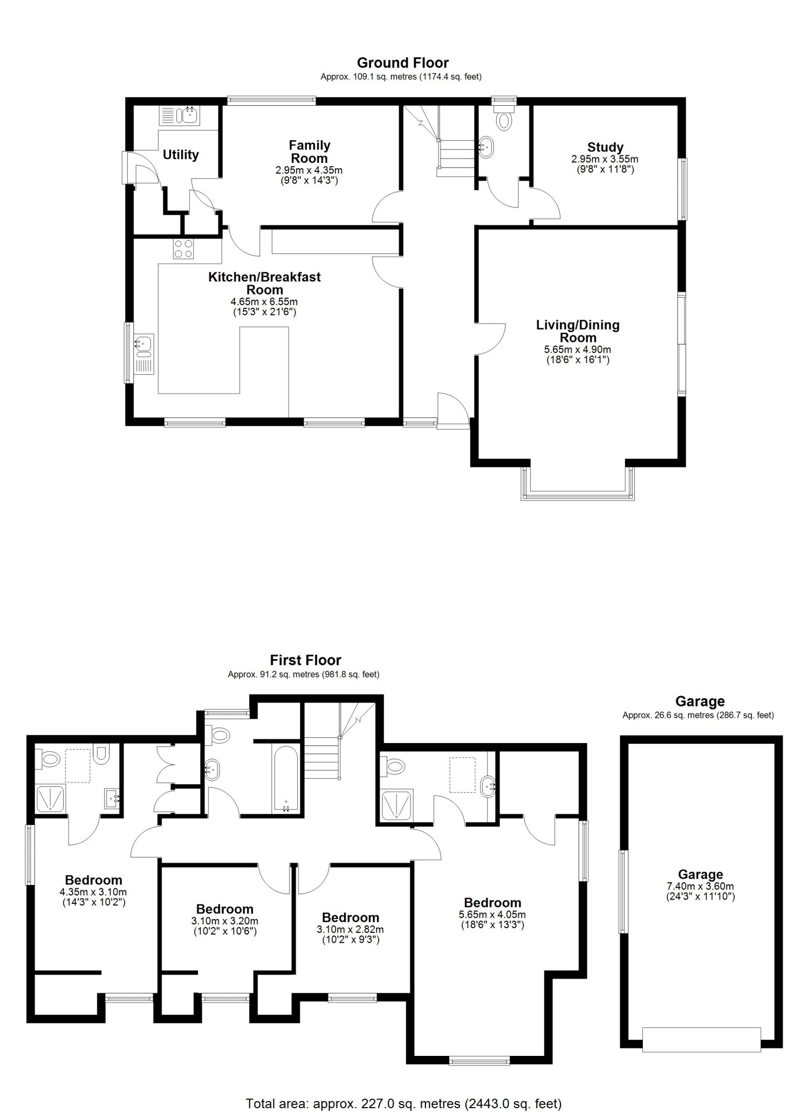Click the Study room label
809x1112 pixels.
(605, 147)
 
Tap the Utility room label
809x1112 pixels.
(181, 155)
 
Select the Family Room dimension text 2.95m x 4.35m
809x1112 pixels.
(309, 170)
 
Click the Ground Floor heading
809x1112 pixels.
(403, 63)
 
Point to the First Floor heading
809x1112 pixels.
(306, 661)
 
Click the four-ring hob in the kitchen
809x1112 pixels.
(183, 249)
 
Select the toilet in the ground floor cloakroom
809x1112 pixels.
(504, 117)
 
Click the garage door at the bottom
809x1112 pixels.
(702, 1039)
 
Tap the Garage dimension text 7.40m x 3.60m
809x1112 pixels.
(700, 886)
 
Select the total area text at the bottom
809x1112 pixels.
(403, 1100)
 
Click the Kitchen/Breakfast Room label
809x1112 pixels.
(265, 284)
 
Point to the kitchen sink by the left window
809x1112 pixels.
(145, 354)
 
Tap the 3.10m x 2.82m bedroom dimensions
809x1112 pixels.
(351, 930)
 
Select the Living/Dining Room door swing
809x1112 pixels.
(490, 339)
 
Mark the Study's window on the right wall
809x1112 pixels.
(683, 189)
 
